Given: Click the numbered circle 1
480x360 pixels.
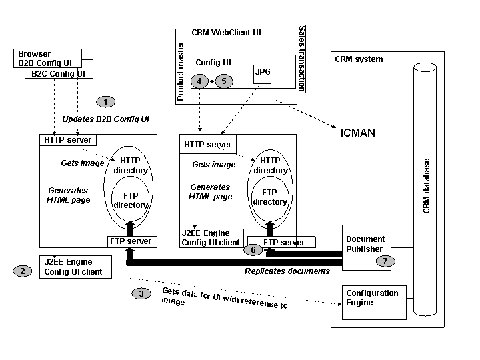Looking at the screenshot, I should [x=105, y=101].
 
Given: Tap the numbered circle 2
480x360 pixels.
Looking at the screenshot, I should [x=23, y=271].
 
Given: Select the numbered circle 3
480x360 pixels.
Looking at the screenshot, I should [x=141, y=293].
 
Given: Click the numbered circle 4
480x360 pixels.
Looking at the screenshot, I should [x=199, y=81].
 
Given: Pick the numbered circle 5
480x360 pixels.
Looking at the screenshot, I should [x=224, y=81].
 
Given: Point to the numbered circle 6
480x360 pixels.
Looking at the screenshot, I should [x=253, y=250].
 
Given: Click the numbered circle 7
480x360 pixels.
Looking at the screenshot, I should [x=385, y=261].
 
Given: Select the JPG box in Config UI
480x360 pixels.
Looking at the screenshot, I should [x=261, y=72].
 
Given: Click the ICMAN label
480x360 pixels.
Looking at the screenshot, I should [x=357, y=133].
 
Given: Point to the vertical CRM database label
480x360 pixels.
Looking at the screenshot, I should [x=427, y=186].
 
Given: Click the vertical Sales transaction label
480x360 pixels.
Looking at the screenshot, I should [x=302, y=59].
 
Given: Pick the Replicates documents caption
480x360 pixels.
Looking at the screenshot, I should [x=287, y=271].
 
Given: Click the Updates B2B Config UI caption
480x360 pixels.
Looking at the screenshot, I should [x=105, y=119].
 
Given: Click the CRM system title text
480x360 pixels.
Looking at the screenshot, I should [x=359, y=59].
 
